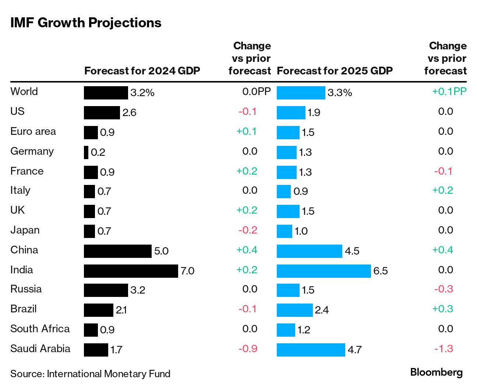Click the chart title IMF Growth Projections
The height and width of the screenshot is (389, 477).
(86, 23)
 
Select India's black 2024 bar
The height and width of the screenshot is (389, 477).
(131, 271)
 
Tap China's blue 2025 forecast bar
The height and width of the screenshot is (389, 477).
(309, 251)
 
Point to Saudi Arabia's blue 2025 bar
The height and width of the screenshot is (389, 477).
(311, 350)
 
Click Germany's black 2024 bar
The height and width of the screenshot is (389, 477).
(86, 152)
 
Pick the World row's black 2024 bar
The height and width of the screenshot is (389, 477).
(106, 92)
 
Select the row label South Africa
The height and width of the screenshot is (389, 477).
(40, 329)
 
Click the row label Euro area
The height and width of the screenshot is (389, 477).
(33, 131)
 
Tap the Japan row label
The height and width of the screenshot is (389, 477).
(25, 230)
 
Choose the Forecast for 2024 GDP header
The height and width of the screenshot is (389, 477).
(142, 71)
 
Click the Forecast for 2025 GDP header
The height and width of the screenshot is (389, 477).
(335, 71)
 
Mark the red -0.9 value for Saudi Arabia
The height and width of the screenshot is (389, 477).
(248, 348)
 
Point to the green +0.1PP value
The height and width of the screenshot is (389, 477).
(449, 91)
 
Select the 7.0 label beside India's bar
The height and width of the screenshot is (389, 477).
(187, 271)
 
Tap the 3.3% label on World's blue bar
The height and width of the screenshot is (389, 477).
(339, 92)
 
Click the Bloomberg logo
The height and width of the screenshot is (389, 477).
(436, 372)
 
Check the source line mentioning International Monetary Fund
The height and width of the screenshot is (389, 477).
(90, 374)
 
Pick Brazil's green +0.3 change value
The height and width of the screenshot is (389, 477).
(442, 309)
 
